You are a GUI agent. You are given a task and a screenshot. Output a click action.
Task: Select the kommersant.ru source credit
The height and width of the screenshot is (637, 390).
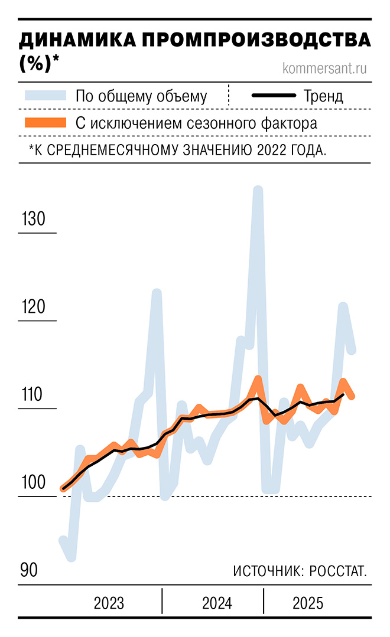[325, 68]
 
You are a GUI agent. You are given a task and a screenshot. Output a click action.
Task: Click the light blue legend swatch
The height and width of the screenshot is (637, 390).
[45, 96]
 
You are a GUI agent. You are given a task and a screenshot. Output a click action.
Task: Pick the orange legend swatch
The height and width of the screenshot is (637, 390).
[45, 123]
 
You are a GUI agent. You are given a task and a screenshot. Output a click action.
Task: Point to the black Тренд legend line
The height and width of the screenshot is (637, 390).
[274, 96]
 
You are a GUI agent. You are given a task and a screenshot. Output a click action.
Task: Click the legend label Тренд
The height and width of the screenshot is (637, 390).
[323, 96]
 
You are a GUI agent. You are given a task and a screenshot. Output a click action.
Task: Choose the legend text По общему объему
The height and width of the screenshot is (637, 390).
[141, 96]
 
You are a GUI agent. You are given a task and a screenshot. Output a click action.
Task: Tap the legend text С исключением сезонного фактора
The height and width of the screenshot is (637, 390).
[196, 123]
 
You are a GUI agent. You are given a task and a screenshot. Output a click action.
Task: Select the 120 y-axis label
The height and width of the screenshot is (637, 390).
[33, 307]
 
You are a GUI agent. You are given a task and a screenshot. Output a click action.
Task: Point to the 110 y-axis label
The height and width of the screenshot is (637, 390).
[33, 394]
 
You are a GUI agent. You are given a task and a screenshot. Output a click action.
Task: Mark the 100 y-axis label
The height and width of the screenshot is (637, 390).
[33, 482]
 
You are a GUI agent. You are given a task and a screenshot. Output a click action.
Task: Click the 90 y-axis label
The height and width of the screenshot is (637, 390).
[29, 570]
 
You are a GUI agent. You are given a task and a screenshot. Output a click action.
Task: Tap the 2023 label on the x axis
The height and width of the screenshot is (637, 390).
[109, 603]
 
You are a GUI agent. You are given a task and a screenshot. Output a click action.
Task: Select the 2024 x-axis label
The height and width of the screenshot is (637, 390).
[217, 603]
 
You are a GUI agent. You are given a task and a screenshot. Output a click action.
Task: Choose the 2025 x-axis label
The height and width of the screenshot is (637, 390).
[308, 603]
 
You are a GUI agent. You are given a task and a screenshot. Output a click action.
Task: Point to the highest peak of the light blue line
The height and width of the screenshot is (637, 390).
[258, 190]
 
